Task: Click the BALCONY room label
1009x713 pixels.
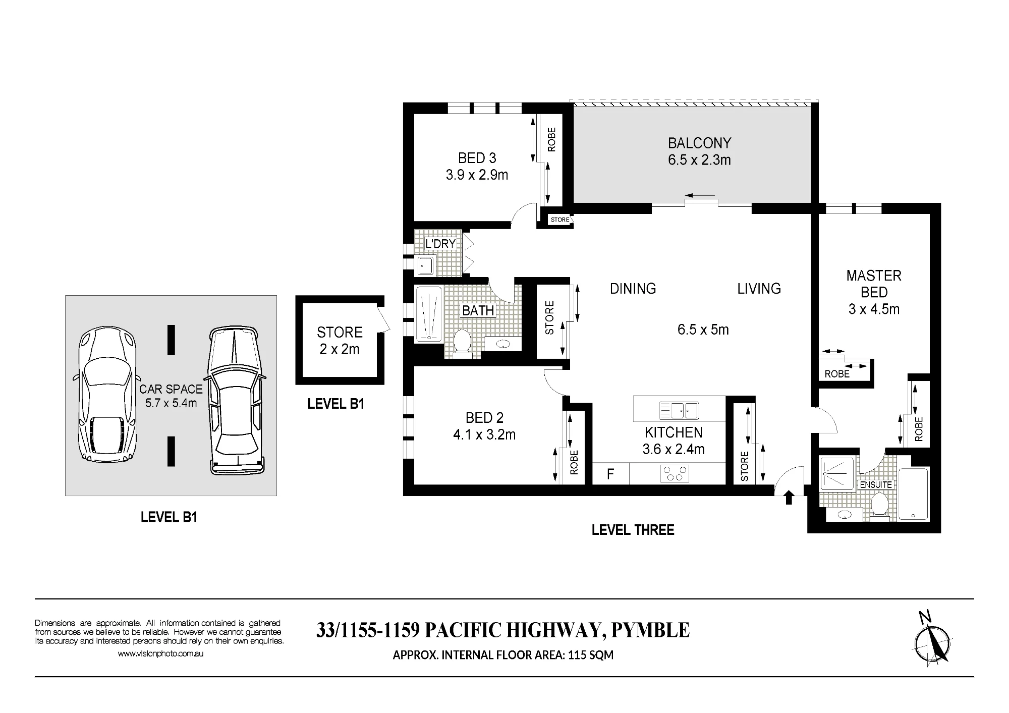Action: pyautogui.click(x=699, y=143)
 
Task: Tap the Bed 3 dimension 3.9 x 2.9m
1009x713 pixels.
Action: pyautogui.click(x=477, y=175)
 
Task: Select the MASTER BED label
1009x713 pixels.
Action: pyautogui.click(x=874, y=284)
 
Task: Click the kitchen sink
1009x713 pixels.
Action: pyautogui.click(x=679, y=411)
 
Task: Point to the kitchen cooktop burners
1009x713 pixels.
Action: pyautogui.click(x=675, y=473)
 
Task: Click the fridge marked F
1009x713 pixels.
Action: pyautogui.click(x=610, y=474)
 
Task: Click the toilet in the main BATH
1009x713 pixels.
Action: pyautogui.click(x=462, y=343)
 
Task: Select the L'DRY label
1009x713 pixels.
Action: pyautogui.click(x=440, y=244)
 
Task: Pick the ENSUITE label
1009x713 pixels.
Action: pyautogui.click(x=876, y=484)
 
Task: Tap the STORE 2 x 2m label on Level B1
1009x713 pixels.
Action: pyautogui.click(x=340, y=341)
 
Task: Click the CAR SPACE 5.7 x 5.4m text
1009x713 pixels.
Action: pyautogui.click(x=171, y=396)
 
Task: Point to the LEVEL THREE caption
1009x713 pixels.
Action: pyautogui.click(x=633, y=530)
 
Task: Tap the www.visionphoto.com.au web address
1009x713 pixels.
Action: pyautogui.click(x=160, y=653)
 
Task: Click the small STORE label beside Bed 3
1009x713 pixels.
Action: pyautogui.click(x=559, y=220)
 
